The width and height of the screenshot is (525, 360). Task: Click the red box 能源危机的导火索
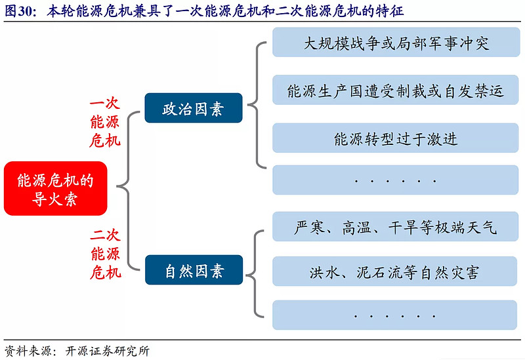coord(55,189)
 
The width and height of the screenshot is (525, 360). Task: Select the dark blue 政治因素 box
coord(194,109)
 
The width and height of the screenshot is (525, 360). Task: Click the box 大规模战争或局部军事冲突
coord(396,44)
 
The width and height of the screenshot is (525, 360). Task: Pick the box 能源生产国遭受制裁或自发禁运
coord(396,91)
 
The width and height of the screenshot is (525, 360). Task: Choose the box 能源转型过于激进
coord(396,139)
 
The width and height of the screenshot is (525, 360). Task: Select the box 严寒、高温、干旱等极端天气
coord(396,227)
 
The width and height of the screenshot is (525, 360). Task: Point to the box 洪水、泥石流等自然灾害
coord(396,271)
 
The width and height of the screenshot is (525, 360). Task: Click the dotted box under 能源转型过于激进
coord(396,180)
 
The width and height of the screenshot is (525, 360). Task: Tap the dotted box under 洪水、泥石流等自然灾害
coord(396,315)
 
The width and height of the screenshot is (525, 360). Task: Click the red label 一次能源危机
coord(105,123)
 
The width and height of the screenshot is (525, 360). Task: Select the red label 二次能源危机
coord(105,254)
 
